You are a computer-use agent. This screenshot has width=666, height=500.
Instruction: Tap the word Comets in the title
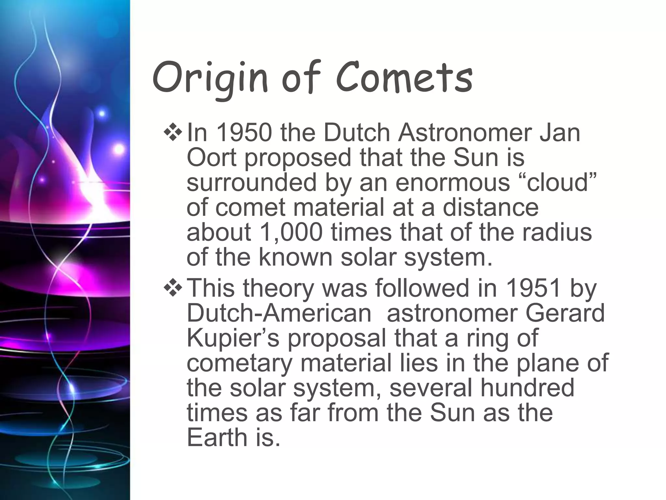coord(404,78)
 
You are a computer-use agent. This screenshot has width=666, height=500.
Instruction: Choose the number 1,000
coord(291,232)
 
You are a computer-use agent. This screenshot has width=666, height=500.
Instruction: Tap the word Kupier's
coord(233,339)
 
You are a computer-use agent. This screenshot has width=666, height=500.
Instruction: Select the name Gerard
coord(565,313)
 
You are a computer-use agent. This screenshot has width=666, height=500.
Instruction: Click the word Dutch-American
coord(279,313)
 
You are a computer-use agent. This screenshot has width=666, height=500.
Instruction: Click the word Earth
coord(217,437)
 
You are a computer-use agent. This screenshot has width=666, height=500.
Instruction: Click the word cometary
coord(240,363)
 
